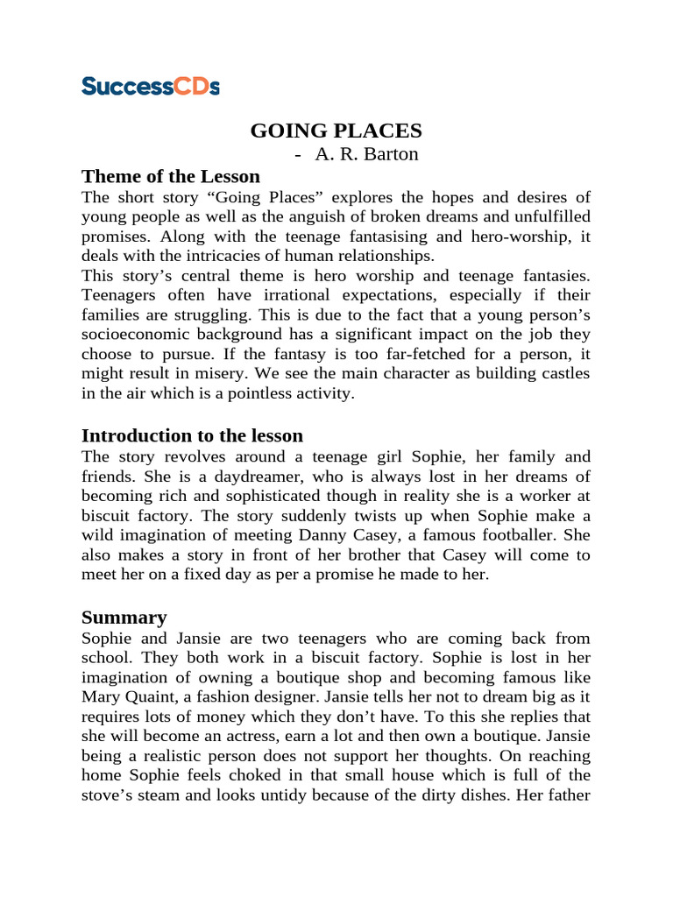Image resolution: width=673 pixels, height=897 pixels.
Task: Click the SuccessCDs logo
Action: (x=150, y=86)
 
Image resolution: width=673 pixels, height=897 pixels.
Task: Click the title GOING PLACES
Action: (x=336, y=131)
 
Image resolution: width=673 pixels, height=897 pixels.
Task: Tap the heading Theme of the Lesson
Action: (x=170, y=175)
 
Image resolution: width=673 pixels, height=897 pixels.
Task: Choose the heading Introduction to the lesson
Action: (x=192, y=435)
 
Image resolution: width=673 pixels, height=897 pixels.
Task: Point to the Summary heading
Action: (x=124, y=617)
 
